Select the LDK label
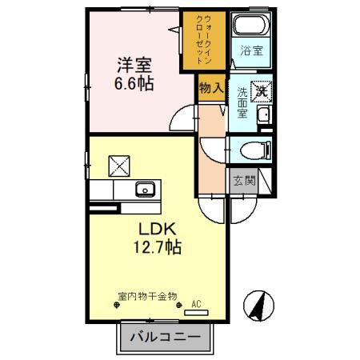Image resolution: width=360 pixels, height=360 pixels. (150, 228)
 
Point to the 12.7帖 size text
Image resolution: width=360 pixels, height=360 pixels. (154, 247)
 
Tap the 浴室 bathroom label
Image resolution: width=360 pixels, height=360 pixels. (253, 52)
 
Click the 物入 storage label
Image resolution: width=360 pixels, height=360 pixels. (210, 89)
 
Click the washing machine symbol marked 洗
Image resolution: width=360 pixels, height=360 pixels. (261, 91)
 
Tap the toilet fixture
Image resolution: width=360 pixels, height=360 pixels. (255, 149)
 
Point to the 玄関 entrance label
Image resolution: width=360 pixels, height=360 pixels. (244, 180)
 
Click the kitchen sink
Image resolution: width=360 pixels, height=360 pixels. (146, 190)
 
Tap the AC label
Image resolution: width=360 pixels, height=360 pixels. (196, 304)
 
